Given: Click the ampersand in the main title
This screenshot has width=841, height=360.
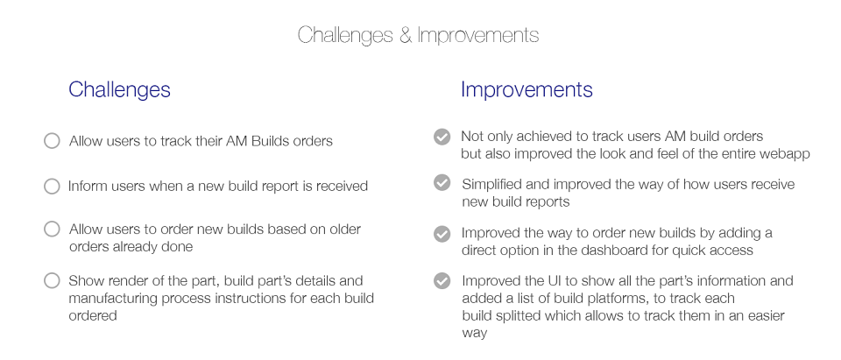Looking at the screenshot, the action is click(404, 35).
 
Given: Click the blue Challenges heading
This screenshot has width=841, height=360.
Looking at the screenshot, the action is click(120, 89).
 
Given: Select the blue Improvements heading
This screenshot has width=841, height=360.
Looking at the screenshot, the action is click(527, 89).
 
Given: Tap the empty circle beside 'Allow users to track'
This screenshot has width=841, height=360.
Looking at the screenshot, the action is click(52, 140).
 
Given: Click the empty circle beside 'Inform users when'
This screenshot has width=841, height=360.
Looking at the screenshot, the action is click(52, 187).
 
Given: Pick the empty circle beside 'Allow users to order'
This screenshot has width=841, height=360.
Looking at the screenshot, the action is click(52, 229).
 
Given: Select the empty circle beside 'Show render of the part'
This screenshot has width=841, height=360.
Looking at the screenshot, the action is click(52, 280).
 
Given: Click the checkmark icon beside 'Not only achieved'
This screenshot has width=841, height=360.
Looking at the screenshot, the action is click(442, 137).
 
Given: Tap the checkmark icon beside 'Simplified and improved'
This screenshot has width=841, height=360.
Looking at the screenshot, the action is click(442, 183).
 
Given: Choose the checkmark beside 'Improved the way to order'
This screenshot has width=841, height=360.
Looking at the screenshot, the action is click(442, 234).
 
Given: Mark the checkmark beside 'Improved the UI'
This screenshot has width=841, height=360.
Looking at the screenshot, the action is click(442, 280).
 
